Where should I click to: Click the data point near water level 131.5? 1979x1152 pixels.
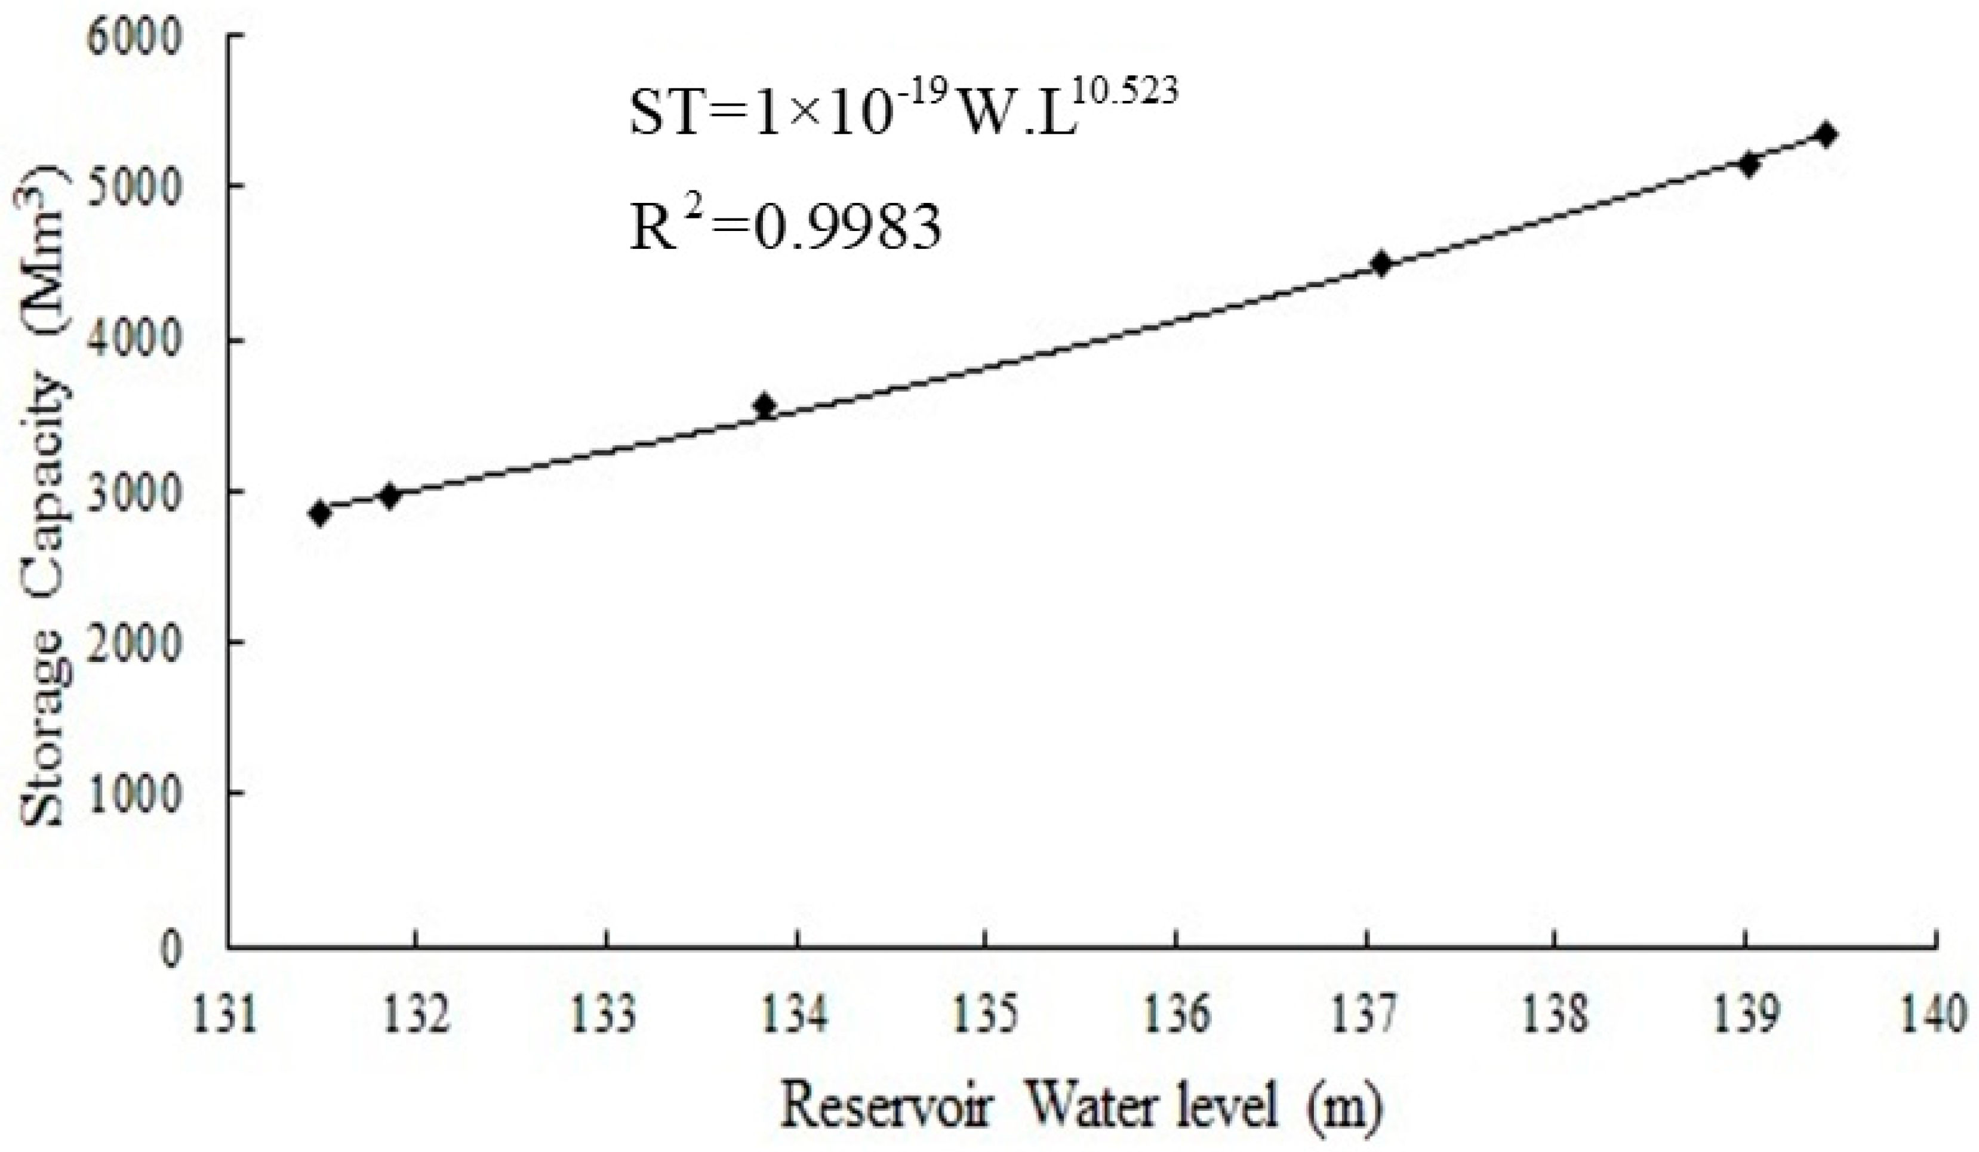(319, 513)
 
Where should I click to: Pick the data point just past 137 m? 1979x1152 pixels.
(1382, 264)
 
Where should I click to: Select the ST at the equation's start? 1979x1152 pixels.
(664, 114)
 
